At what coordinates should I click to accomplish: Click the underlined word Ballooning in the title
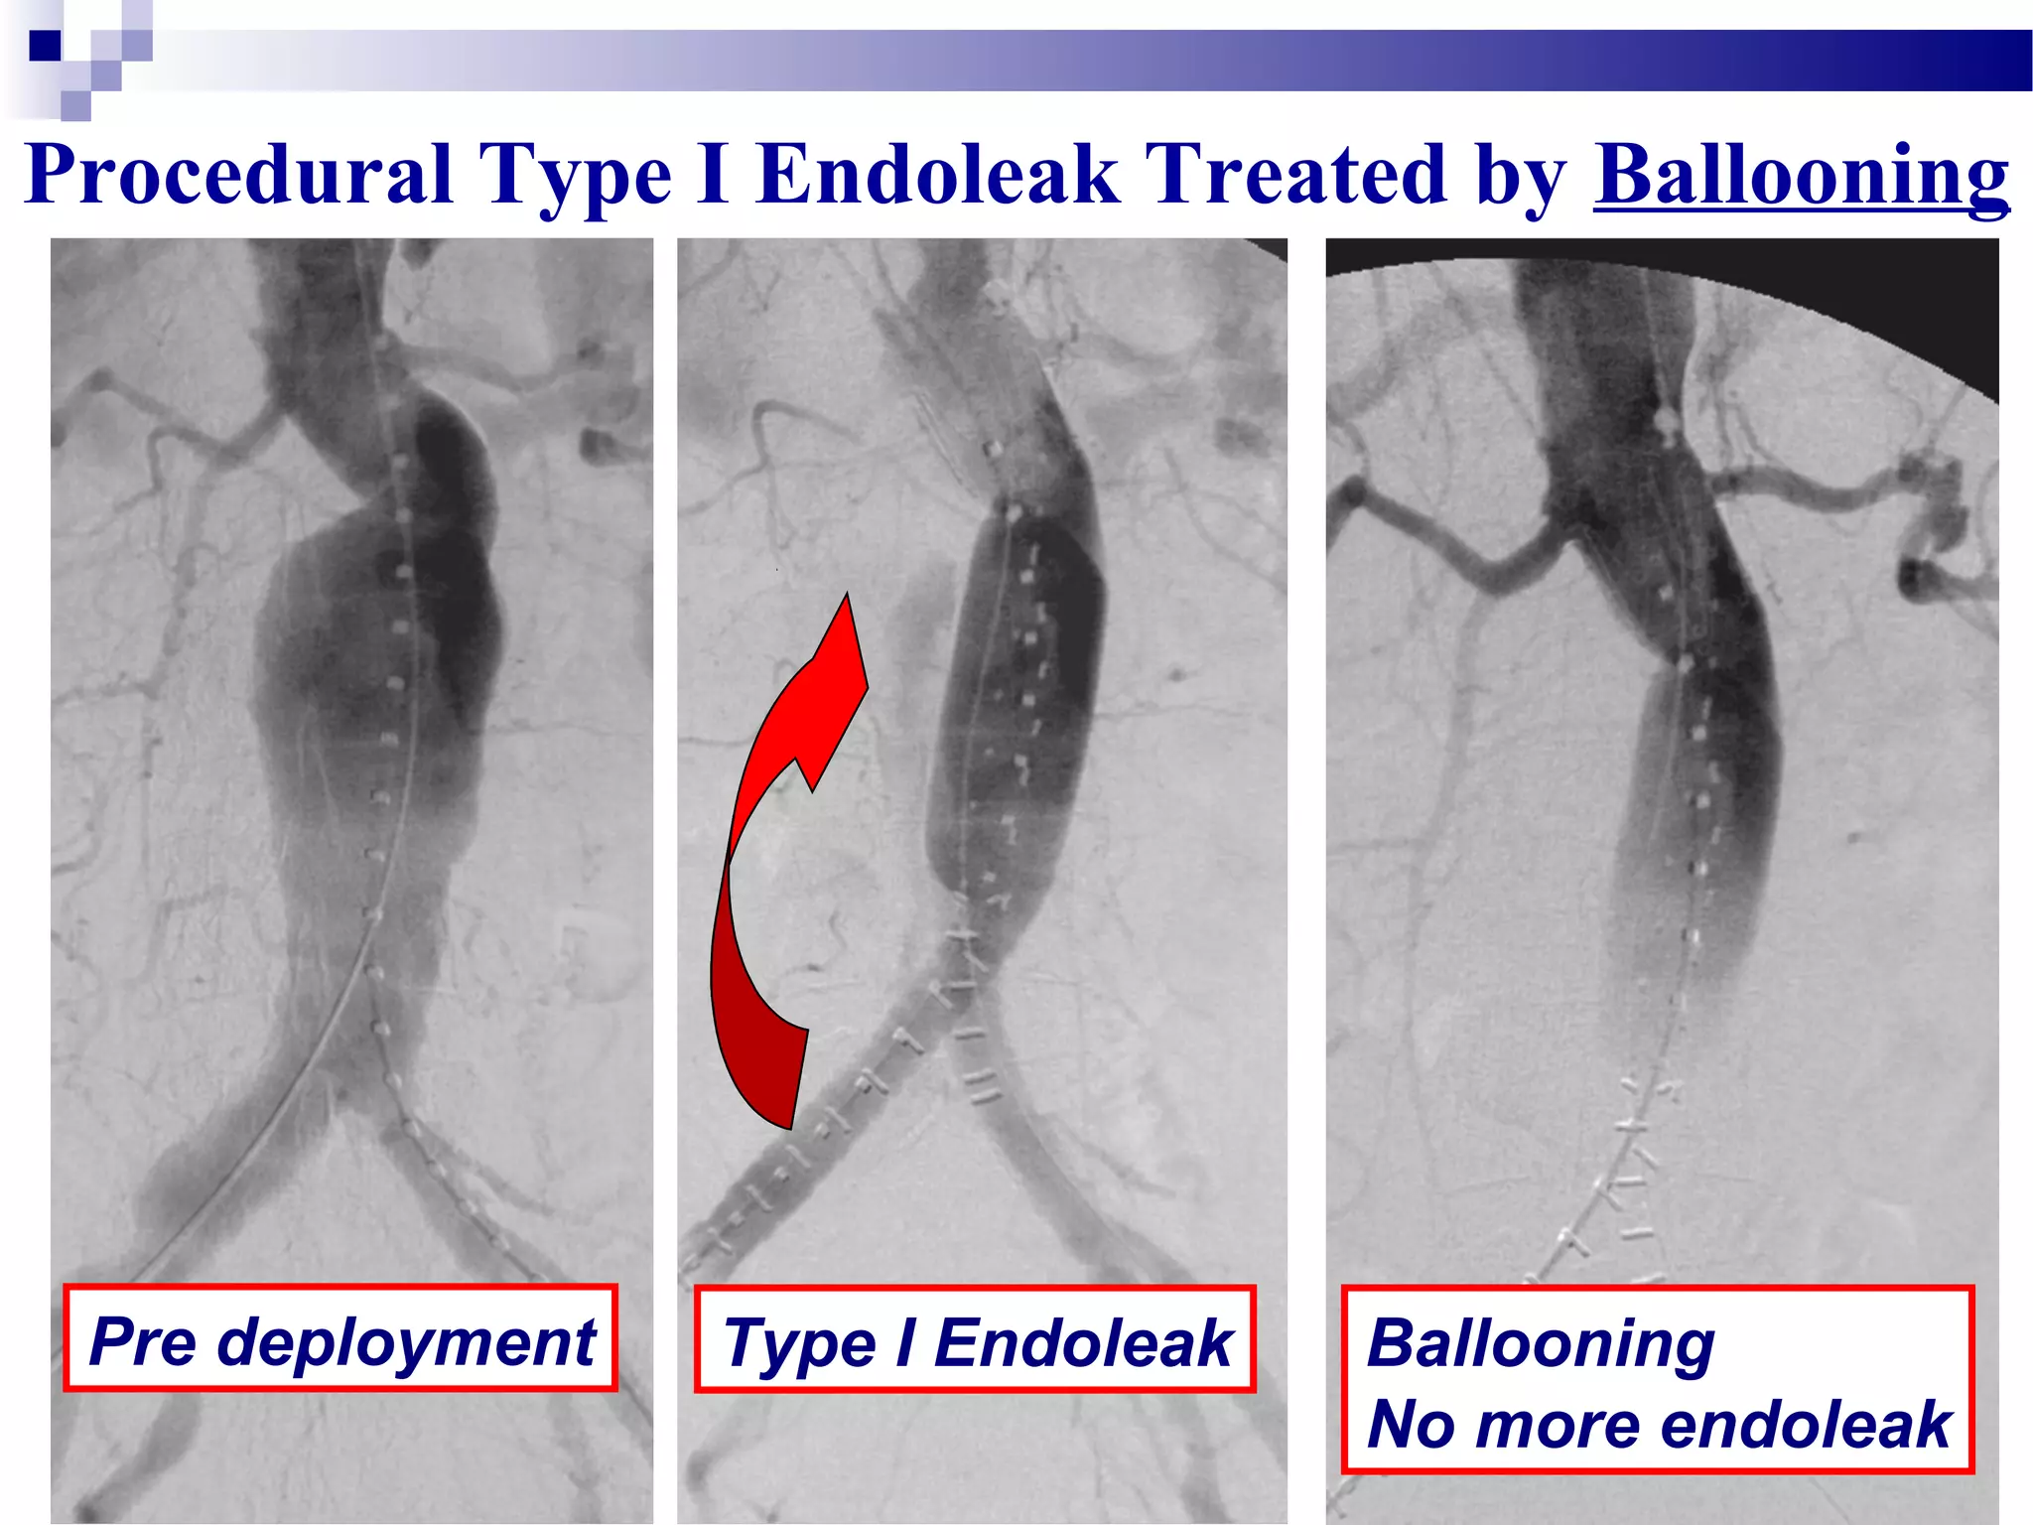click(x=1801, y=175)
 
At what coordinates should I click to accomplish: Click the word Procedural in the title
click(x=238, y=175)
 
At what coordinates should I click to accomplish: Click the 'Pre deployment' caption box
click(x=340, y=1338)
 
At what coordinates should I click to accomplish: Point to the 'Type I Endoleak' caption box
click(x=975, y=1340)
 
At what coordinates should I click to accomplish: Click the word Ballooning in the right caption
click(x=1540, y=1342)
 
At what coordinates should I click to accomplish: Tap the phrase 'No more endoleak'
click(x=1658, y=1424)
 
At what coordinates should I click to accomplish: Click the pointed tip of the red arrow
click(x=847, y=600)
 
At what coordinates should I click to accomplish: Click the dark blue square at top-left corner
click(x=45, y=46)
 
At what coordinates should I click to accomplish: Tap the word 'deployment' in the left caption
click(x=407, y=1342)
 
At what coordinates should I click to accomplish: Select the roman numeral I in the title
click(x=713, y=175)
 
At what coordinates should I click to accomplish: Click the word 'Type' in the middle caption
click(x=799, y=1344)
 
